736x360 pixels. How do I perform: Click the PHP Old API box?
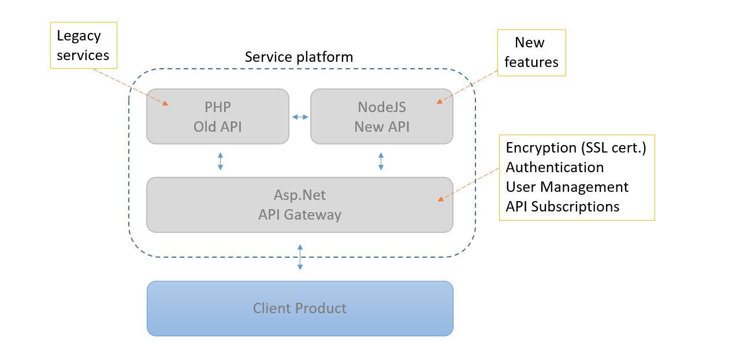click(217, 116)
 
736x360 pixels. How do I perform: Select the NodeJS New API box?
click(381, 116)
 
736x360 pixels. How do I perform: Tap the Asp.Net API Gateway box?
click(299, 205)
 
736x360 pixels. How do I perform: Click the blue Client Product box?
click(299, 308)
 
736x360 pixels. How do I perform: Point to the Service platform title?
click(299, 57)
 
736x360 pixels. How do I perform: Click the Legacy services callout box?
click(83, 46)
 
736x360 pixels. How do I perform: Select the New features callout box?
click(531, 53)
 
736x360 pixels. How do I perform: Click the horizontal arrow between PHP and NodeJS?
click(300, 117)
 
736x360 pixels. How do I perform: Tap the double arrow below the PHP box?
click(220, 161)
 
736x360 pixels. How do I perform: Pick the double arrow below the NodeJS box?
click(381, 161)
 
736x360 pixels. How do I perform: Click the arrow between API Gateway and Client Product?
click(300, 257)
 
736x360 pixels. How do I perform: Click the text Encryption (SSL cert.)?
click(576, 148)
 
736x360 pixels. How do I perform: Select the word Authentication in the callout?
click(555, 168)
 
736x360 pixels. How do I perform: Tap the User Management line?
click(567, 187)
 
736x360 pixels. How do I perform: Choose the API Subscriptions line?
click(562, 207)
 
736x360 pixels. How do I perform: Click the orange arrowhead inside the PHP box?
click(165, 103)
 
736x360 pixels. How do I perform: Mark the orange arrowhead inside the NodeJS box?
click(440, 101)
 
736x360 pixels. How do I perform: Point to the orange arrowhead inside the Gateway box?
click(440, 199)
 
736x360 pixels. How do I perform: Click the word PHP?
click(217, 107)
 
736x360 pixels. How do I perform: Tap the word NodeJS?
click(381, 107)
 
